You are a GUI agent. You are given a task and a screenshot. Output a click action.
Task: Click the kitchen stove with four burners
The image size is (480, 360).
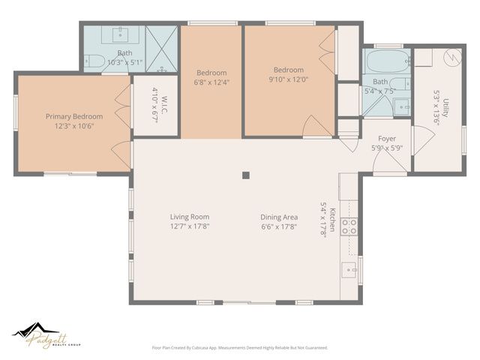[349, 227]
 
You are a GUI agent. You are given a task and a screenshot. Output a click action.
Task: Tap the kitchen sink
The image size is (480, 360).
[349, 268]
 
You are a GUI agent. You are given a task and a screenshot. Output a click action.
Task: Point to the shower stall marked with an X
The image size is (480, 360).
[160, 49]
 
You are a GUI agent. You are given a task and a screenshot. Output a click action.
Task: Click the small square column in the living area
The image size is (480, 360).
[245, 175]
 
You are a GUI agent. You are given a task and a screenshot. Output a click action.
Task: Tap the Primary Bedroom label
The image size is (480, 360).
[73, 116]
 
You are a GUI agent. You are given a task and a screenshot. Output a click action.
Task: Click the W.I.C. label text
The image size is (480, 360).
[156, 95]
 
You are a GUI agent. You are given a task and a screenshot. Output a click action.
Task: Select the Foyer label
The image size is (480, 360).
[386, 139]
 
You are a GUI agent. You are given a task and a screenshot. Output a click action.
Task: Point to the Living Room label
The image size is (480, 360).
[188, 216]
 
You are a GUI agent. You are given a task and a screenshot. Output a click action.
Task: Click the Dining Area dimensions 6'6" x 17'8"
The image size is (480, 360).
[279, 226]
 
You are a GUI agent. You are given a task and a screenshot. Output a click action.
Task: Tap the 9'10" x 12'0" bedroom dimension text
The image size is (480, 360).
[289, 79]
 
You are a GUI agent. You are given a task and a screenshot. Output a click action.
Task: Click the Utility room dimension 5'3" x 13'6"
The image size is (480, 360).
[436, 114]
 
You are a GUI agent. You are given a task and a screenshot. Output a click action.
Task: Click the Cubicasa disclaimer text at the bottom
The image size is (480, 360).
[240, 347]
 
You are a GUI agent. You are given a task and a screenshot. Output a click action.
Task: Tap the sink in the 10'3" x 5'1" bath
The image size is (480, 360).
[121, 35]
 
